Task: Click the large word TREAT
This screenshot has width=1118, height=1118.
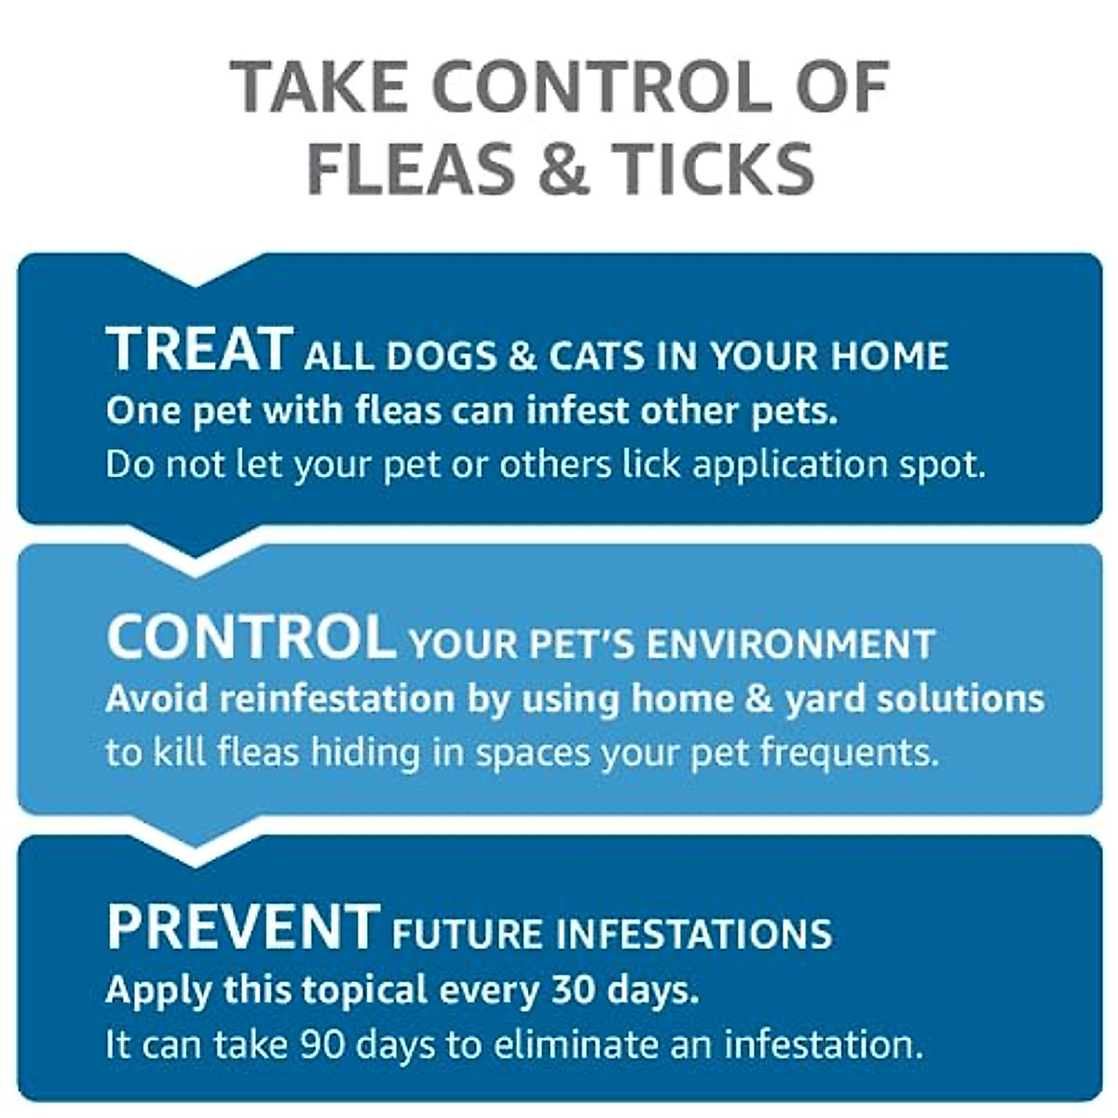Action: (200, 349)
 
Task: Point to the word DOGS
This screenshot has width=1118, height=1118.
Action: (443, 356)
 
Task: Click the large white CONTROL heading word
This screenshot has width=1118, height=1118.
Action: (250, 637)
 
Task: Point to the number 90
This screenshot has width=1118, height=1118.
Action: (323, 1044)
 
